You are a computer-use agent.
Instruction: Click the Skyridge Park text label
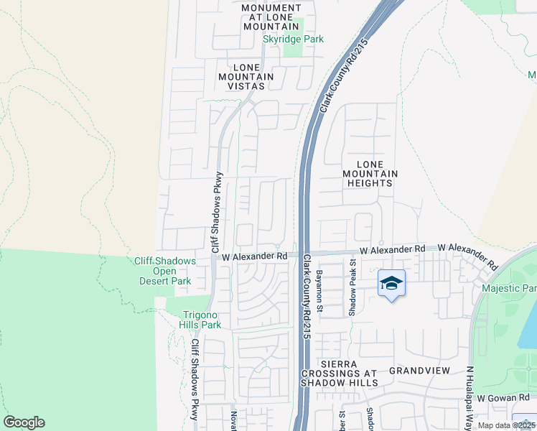(293, 40)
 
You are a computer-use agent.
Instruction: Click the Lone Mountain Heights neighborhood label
(370, 174)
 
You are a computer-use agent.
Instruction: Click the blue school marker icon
(391, 284)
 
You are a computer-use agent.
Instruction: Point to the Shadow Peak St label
(352, 288)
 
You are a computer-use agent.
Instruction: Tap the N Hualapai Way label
(471, 397)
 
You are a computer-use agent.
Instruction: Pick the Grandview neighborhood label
(419, 371)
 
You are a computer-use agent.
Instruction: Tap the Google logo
(24, 422)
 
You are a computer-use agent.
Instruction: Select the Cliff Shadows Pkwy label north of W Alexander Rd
(215, 211)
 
